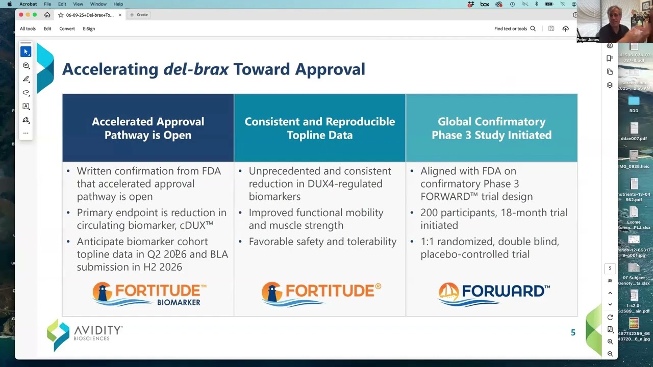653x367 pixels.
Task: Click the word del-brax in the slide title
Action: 196,69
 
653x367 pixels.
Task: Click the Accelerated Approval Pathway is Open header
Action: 148,128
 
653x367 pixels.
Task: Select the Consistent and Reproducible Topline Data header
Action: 320,128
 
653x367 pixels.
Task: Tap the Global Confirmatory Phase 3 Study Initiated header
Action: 491,128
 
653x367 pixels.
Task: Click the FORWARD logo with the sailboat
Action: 494,294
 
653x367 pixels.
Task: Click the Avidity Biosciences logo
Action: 85,334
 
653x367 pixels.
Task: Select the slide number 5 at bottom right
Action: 573,333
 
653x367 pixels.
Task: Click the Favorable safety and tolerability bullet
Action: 322,242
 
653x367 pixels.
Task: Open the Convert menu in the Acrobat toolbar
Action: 67,29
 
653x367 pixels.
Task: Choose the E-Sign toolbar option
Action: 89,29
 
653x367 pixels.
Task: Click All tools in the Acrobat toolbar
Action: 28,29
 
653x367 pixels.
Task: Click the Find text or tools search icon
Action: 533,29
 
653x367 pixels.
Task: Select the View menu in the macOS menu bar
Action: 78,4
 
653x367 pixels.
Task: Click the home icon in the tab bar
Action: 47,15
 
